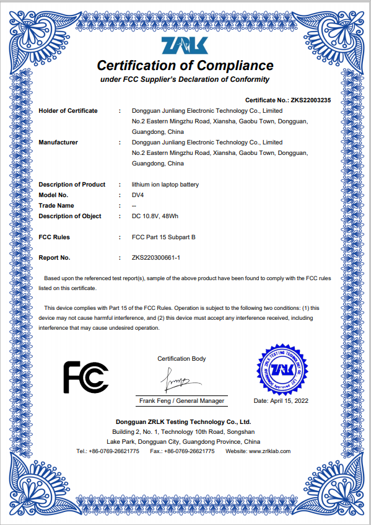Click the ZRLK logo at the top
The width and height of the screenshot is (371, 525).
pyautogui.click(x=185, y=46)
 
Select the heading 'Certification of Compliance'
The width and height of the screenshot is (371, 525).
pyautogui.click(x=185, y=65)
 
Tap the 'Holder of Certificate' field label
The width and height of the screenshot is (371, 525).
pyautogui.click(x=68, y=111)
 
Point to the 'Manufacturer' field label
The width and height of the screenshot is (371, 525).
pyautogui.click(x=58, y=143)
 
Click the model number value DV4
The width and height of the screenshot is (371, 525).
pyautogui.click(x=138, y=195)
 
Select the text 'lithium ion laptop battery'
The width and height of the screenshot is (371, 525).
pyautogui.click(x=165, y=185)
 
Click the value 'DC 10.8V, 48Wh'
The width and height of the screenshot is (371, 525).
pyautogui.click(x=155, y=216)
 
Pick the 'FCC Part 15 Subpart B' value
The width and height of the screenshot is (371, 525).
pyautogui.click(x=164, y=237)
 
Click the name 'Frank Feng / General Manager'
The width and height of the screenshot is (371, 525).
pyautogui.click(x=181, y=401)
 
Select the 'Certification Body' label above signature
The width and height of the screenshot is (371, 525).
pyautogui.click(x=181, y=359)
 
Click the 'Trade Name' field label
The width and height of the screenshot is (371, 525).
pyautogui.click(x=56, y=206)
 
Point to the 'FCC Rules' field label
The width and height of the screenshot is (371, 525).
pyautogui.click(x=55, y=237)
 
